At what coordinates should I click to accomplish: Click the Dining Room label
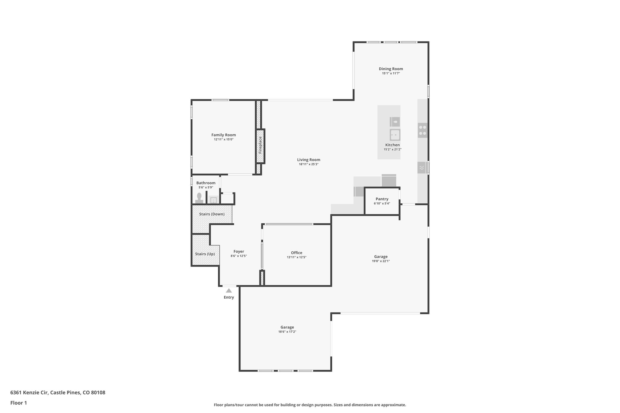point(391,69)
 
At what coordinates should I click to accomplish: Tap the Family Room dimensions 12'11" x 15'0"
point(223,139)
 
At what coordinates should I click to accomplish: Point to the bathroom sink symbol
point(213,200)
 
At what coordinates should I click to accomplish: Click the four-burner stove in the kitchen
point(422,130)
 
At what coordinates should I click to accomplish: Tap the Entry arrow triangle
point(229,290)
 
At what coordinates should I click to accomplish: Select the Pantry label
point(382,199)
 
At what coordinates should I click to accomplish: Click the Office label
point(296,253)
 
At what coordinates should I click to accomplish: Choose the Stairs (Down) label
point(212,214)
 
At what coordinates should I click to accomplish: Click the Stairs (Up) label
point(205,254)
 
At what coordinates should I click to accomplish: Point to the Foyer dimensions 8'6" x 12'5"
point(239,256)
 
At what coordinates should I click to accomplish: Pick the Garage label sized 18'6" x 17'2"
point(287,327)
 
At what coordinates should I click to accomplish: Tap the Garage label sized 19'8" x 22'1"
point(381,257)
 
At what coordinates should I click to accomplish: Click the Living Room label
point(308,160)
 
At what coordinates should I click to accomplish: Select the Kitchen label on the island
point(392,145)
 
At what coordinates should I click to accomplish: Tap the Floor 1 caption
point(18,403)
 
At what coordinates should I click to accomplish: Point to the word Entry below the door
point(229,297)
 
